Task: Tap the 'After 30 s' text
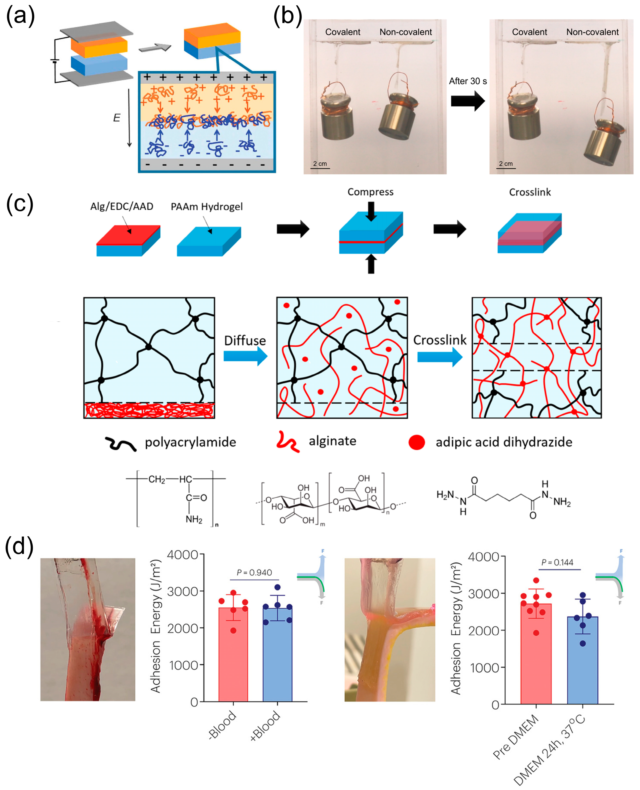(467, 81)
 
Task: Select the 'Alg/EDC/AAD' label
(122, 206)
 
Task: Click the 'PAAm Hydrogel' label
(206, 206)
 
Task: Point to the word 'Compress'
(370, 192)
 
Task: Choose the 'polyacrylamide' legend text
(190, 442)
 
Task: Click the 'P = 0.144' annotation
(557, 562)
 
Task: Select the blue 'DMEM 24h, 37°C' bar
(582, 664)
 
